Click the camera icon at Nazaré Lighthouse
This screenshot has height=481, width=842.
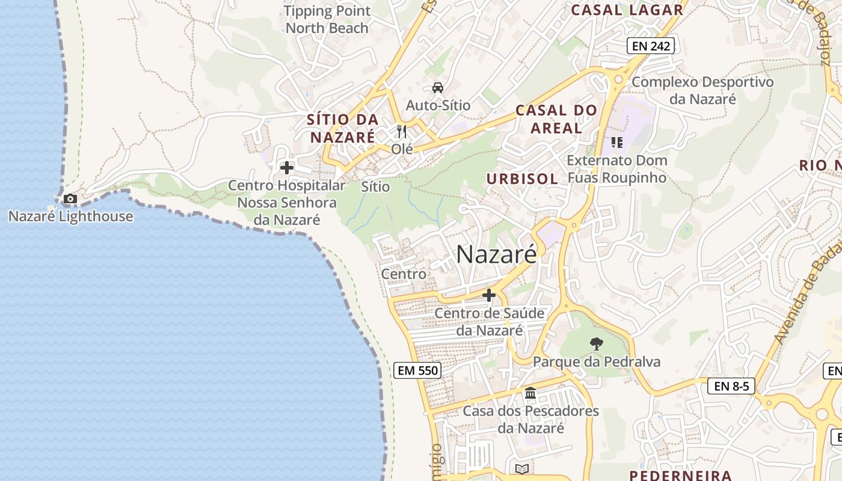[x=70, y=199]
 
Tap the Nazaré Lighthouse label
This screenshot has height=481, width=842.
[x=70, y=216]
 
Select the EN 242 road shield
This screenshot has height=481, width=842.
[x=650, y=46]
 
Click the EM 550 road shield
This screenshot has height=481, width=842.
[x=418, y=370]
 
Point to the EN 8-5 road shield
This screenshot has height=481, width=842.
[x=731, y=386]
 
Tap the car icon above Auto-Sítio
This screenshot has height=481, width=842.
[x=438, y=88]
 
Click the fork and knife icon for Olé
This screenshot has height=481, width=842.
[x=402, y=132]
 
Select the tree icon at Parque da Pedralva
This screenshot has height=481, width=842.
[x=597, y=344]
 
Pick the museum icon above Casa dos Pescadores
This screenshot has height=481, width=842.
[x=530, y=393]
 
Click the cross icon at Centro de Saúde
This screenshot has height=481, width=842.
[x=489, y=295]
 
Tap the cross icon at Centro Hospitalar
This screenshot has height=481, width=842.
[x=287, y=168]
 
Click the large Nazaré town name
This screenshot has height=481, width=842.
[x=496, y=254]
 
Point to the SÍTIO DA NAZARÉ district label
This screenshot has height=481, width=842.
[x=343, y=128]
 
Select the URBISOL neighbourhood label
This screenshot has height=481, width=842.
[x=522, y=179]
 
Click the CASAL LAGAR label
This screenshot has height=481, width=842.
[x=627, y=10]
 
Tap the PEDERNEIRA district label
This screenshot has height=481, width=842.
[x=680, y=476]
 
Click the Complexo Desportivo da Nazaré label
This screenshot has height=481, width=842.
[x=702, y=90]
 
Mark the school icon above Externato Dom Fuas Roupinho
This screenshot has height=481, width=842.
[x=616, y=142]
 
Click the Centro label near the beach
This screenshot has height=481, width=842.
[x=404, y=274]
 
